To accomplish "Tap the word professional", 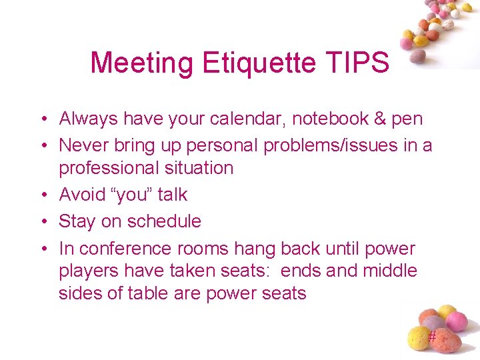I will (109, 167).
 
